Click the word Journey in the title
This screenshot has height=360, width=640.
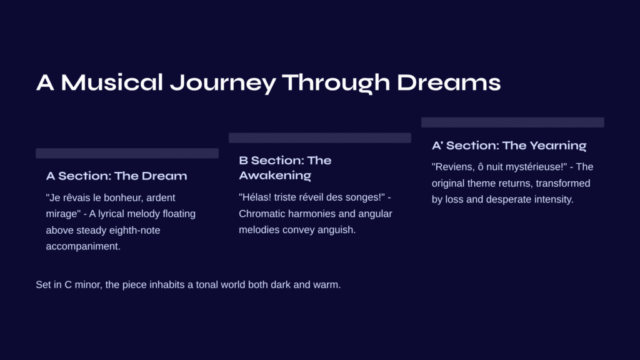[223, 83]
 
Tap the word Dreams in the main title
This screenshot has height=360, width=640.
[449, 82]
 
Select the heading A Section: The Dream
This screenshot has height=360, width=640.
[117, 176]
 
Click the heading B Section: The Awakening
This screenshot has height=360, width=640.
[285, 167]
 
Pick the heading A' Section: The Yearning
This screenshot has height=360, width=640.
[509, 146]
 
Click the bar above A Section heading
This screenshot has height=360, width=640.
[127, 153]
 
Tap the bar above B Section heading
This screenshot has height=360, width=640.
[320, 137]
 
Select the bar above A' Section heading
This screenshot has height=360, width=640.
[512, 122]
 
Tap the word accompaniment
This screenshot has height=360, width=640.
[83, 246]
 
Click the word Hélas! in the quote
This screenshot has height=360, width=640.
[255, 197]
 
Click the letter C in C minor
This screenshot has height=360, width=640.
[68, 285]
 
